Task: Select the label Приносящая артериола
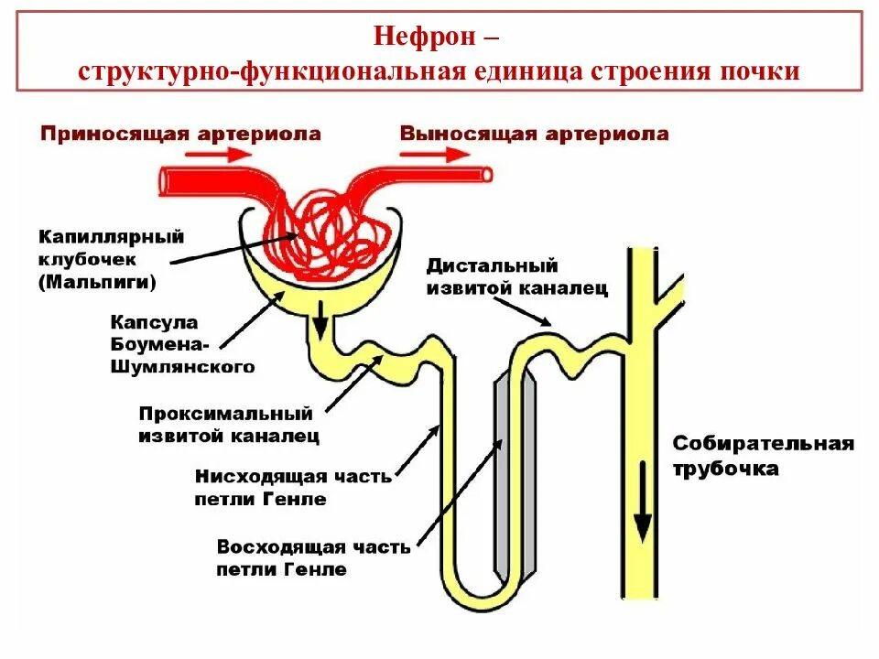180,135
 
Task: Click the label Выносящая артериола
534,135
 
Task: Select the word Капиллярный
112,237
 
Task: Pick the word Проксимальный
226,414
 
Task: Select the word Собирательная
764,444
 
